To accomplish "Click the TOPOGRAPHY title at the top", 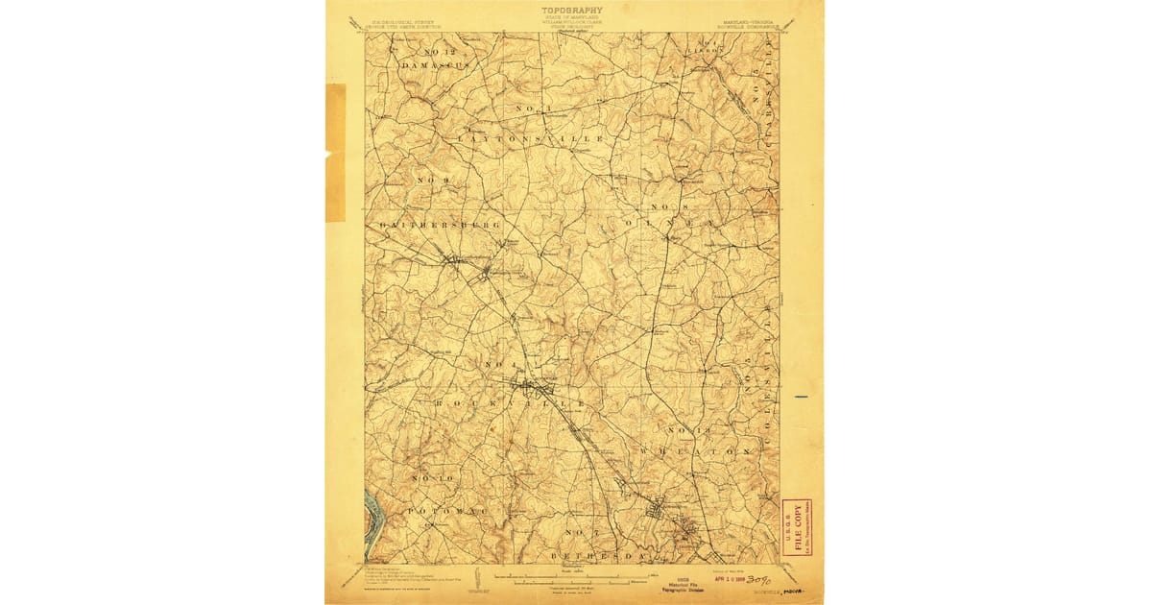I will pos(574,12).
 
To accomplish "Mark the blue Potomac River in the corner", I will pos(374,519).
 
